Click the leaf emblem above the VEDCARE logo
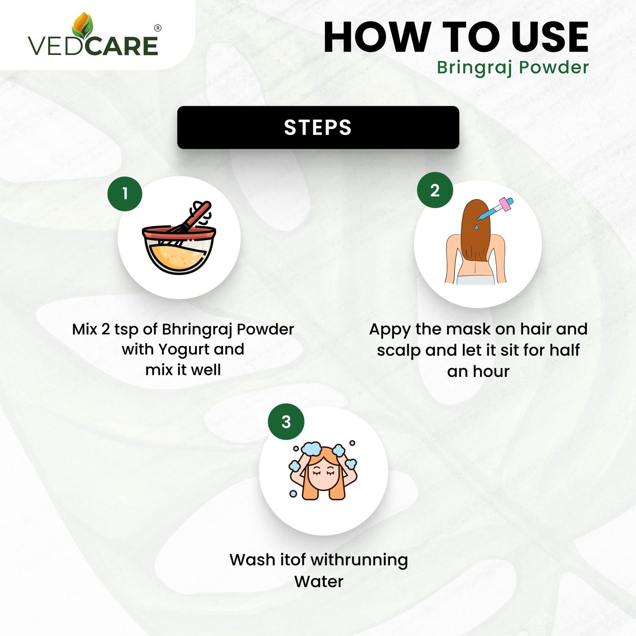[x=83, y=26]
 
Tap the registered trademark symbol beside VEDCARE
[x=158, y=28]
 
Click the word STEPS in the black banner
[x=318, y=128]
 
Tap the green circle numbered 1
[x=125, y=194]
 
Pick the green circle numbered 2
[x=435, y=190]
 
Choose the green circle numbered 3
[x=286, y=422]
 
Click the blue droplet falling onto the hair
[x=476, y=227]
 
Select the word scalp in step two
[x=399, y=351]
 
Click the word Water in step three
[x=319, y=582]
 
